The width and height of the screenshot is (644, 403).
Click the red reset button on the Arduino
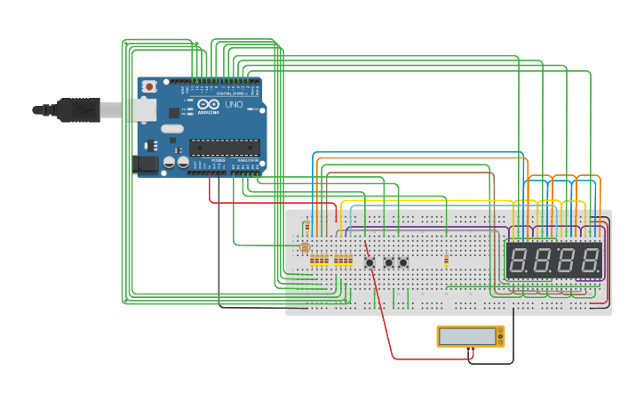(x=148, y=86)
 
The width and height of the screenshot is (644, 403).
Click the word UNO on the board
(x=234, y=105)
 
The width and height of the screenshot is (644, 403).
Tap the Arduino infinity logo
(x=208, y=105)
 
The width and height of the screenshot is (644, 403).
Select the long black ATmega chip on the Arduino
(x=224, y=147)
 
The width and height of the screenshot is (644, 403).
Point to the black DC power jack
(x=145, y=164)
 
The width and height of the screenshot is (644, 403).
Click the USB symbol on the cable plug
(x=82, y=110)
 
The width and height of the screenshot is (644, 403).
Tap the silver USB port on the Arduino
(x=142, y=110)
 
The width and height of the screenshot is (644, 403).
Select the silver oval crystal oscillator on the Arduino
(x=172, y=129)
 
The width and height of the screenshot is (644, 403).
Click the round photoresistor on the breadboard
(x=305, y=247)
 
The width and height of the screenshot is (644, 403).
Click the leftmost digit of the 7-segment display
(x=520, y=261)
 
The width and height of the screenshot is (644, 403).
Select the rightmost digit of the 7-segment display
(x=589, y=261)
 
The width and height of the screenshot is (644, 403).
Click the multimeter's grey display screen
(x=467, y=336)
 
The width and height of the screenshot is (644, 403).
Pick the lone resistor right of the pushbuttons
(x=446, y=260)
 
